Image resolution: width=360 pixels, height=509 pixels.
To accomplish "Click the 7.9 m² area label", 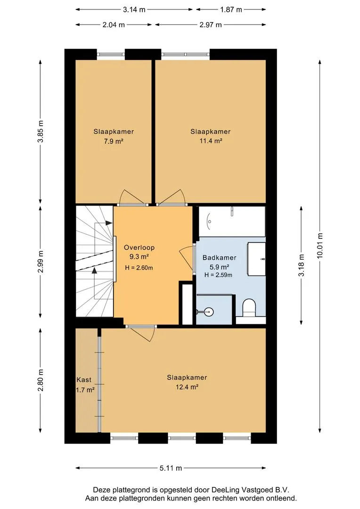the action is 114,141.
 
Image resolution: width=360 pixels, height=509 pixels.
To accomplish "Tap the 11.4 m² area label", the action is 211,141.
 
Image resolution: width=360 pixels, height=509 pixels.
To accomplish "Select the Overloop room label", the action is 139,247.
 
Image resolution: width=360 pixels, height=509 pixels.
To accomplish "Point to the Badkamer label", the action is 220,258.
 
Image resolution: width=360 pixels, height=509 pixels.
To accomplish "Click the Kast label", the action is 84,379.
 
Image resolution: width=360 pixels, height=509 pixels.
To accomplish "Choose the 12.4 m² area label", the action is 187,387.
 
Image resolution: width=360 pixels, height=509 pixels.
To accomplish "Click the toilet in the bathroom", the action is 250,308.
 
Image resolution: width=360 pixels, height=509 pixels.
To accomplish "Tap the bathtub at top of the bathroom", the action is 232,222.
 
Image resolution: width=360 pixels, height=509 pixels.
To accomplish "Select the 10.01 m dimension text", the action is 320,246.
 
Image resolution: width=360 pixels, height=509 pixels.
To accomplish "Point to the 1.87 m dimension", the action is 231,9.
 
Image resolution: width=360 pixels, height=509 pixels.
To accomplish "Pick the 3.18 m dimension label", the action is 302,265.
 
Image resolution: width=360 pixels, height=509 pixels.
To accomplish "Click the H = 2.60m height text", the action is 139,268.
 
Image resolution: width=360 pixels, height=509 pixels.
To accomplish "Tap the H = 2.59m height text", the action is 219,275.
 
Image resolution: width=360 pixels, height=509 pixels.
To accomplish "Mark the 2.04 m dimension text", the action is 114,25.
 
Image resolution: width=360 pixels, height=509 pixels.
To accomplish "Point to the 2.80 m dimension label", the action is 41,380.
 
